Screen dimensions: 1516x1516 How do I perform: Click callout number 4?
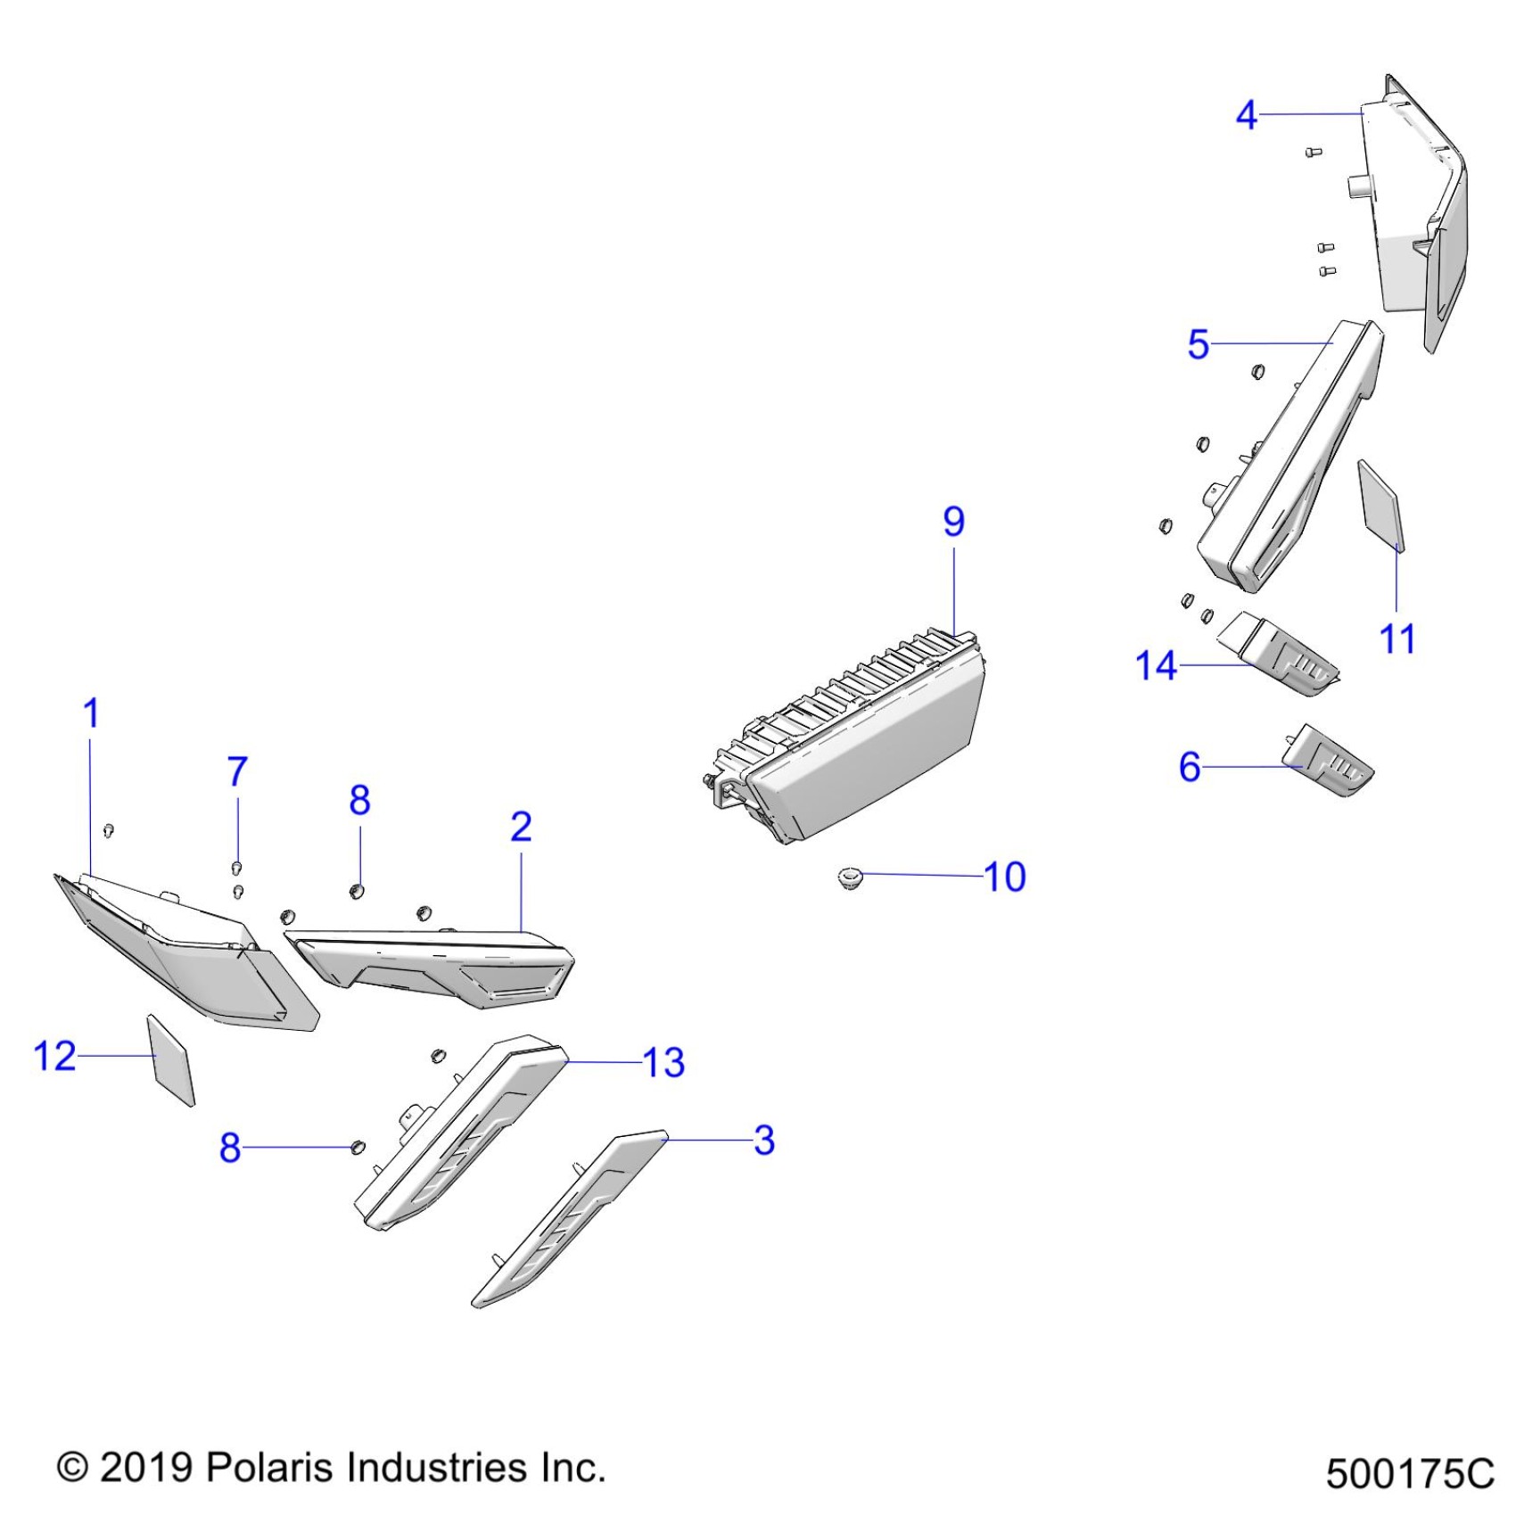[x=1246, y=116]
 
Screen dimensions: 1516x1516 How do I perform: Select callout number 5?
[x=1198, y=345]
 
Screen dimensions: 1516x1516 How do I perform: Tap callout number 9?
[x=953, y=522]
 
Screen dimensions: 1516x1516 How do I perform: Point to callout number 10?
[x=1005, y=877]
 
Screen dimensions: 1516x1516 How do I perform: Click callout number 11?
[x=1397, y=639]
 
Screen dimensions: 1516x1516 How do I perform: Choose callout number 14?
[x=1156, y=666]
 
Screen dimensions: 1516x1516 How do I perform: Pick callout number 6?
[x=1190, y=767]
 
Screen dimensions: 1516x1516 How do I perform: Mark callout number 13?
[x=663, y=1063]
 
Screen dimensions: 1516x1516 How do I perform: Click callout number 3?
[x=764, y=1141]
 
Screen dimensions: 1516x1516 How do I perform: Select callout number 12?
[x=54, y=1057]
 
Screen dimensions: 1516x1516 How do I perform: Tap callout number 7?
[x=236, y=772]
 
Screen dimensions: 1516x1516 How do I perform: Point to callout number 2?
[x=521, y=828]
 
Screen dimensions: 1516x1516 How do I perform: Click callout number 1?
[x=91, y=713]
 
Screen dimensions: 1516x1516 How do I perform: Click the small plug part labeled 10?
[x=852, y=878]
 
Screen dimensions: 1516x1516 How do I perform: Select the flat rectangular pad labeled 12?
[x=170, y=1060]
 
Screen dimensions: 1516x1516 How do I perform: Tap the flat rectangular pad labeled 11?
[x=1380, y=505]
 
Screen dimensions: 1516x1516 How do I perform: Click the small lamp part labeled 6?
[x=1329, y=761]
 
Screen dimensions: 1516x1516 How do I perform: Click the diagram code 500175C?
[x=1409, y=1475]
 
